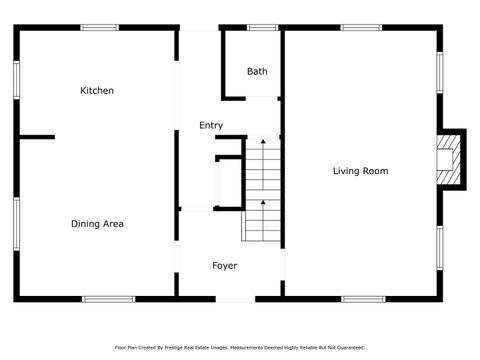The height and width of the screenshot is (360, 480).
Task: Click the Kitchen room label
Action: (97, 91)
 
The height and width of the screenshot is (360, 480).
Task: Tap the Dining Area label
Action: (97, 224)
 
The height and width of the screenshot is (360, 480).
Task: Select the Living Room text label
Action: (360, 171)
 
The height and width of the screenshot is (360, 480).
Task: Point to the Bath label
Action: (257, 71)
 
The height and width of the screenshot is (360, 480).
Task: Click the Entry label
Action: (210, 125)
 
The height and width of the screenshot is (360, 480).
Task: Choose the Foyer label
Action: (224, 265)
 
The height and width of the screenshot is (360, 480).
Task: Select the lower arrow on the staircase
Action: (264, 205)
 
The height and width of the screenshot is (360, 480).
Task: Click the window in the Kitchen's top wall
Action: (99, 27)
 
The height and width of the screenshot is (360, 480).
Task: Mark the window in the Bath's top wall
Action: (263, 27)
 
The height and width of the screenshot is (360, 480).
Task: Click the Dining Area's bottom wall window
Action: (108, 298)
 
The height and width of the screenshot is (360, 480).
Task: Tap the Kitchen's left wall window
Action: (16, 80)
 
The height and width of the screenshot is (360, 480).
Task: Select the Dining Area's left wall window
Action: (16, 223)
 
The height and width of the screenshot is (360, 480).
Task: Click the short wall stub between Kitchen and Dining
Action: (36, 137)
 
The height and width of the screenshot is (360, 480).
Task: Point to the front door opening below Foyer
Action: (235, 299)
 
